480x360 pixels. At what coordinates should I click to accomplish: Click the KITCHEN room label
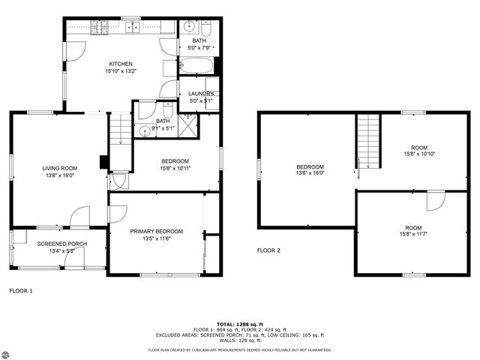point(121,64)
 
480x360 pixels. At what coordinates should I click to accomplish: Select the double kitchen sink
point(133,28)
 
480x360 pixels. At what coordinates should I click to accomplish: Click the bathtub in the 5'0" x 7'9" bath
point(196,66)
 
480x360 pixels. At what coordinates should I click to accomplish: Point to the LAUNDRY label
point(201,94)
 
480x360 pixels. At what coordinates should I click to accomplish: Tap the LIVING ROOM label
point(60,168)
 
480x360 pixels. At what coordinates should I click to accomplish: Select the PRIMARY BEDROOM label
point(156,231)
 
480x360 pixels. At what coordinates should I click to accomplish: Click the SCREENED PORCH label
point(57,244)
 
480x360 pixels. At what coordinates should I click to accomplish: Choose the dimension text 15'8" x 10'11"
point(175,168)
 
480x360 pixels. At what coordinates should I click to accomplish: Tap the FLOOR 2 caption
point(268,250)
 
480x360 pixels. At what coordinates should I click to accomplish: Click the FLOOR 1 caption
point(20,289)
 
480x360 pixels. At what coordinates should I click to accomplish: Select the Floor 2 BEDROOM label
point(310,166)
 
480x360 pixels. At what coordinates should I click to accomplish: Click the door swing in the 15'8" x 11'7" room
point(435,201)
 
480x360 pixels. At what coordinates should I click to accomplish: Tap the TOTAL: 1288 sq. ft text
point(240,324)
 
